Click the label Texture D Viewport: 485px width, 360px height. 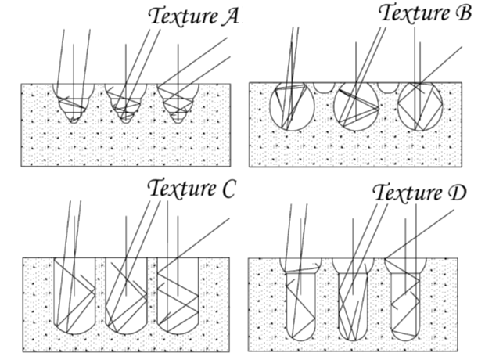419,191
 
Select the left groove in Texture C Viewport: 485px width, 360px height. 75,293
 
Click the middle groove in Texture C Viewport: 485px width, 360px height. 128,293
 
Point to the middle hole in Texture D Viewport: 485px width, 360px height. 353,301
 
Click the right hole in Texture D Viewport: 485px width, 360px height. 405,301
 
